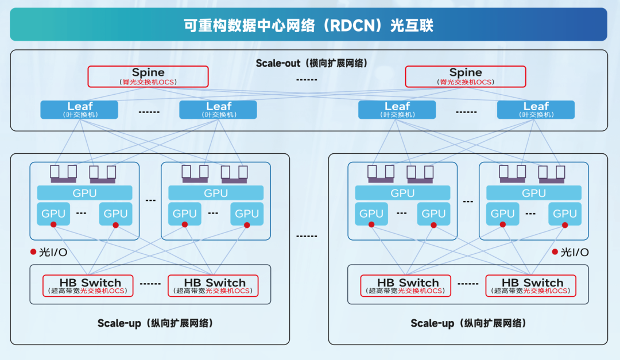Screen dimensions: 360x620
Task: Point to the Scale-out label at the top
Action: click(x=278, y=63)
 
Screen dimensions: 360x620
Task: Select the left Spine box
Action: click(x=148, y=76)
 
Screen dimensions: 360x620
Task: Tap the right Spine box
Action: click(x=466, y=76)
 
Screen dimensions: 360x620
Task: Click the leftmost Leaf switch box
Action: click(x=79, y=109)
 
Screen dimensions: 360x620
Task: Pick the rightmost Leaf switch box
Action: click(x=536, y=109)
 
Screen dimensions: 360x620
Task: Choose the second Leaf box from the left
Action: click(x=218, y=109)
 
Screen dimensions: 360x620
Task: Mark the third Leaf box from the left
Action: click(x=397, y=109)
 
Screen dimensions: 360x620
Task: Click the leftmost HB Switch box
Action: click(x=88, y=285)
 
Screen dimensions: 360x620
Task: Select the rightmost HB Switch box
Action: click(x=530, y=285)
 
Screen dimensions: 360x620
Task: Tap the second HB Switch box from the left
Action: click(x=213, y=285)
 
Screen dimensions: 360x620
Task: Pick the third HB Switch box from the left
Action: click(x=406, y=285)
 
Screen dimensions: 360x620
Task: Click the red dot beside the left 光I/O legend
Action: click(x=33, y=252)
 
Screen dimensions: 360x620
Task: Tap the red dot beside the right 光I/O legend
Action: click(x=555, y=252)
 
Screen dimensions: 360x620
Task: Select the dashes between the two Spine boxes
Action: click(x=307, y=79)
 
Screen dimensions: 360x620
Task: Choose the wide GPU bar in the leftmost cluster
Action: click(x=84, y=193)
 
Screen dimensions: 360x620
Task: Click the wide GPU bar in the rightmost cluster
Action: click(x=533, y=193)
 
